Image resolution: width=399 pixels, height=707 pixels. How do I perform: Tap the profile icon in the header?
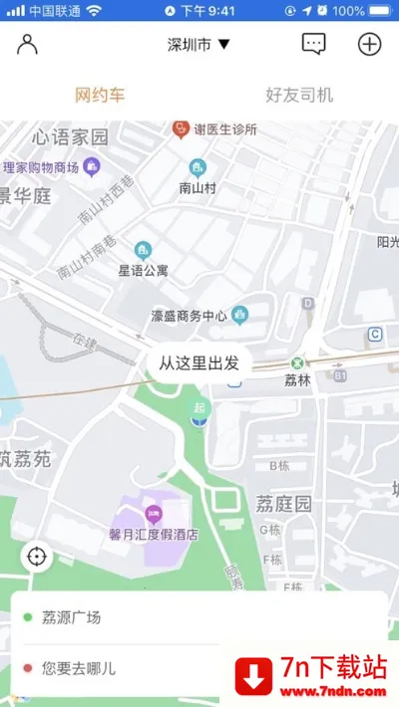[27, 45]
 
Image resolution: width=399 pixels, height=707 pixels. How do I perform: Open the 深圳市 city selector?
[199, 45]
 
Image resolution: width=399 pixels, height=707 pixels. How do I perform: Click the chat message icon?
[314, 45]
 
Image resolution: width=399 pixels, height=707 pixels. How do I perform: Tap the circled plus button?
[370, 45]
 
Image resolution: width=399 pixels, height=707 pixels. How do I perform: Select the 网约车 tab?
[100, 96]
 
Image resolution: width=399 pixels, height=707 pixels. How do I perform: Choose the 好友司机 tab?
[299, 96]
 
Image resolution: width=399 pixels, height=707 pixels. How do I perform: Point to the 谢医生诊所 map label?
[224, 129]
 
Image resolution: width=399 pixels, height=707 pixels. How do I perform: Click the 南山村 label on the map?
[199, 186]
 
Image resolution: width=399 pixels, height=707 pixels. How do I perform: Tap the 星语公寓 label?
[144, 270]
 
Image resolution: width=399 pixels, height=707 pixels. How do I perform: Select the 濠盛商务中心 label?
[190, 317]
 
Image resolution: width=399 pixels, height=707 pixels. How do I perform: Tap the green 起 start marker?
[200, 409]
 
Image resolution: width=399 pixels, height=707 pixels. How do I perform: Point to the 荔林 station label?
[297, 379]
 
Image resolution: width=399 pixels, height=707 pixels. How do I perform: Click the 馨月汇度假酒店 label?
[154, 534]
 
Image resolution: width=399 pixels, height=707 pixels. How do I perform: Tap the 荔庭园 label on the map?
[284, 503]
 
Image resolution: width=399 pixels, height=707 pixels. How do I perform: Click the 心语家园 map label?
[70, 136]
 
